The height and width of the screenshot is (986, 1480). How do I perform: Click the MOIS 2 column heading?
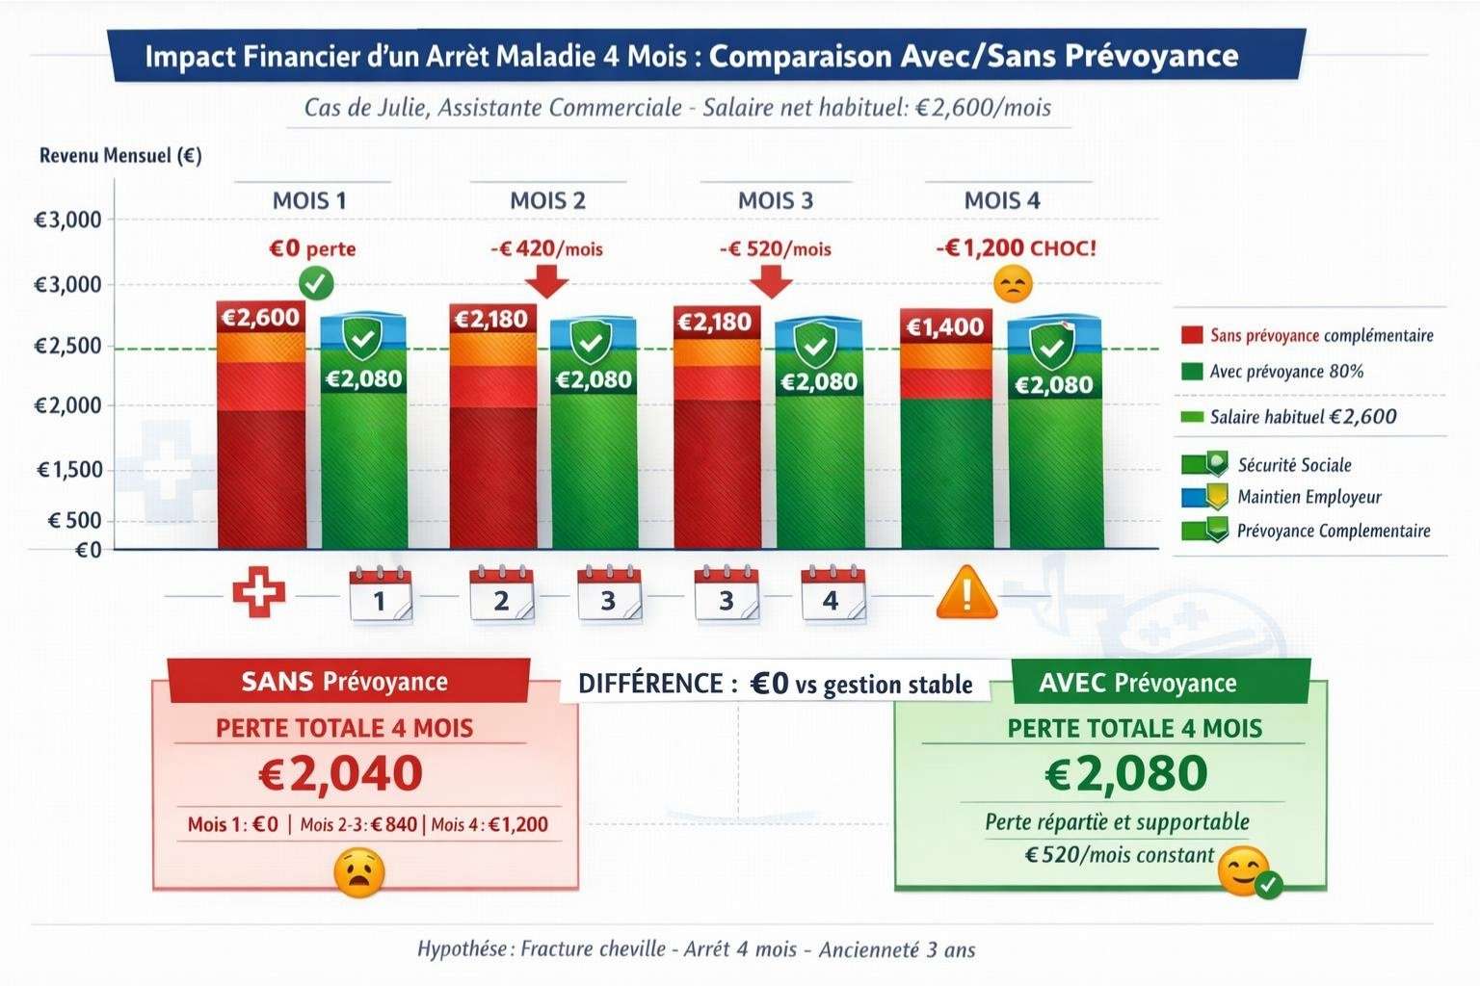pyautogui.click(x=547, y=200)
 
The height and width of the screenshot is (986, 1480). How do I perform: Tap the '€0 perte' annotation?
pyautogui.click(x=312, y=248)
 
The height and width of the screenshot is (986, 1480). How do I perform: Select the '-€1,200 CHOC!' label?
pyautogui.click(x=1016, y=247)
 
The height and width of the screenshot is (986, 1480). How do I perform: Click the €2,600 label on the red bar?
pyautogui.click(x=260, y=318)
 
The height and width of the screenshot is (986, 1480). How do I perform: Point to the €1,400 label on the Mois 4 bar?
pyautogui.click(x=945, y=327)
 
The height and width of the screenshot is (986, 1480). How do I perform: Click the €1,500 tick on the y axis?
pyautogui.click(x=69, y=470)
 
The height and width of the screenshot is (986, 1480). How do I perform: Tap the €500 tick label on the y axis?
pyautogui.click(x=74, y=521)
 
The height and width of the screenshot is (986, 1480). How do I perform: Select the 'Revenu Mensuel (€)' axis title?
pyautogui.click(x=120, y=156)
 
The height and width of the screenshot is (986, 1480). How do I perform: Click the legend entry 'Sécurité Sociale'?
pyautogui.click(x=1293, y=465)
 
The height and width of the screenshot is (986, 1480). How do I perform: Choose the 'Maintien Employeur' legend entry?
pyautogui.click(x=1308, y=497)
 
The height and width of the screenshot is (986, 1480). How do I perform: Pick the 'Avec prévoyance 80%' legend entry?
pyautogui.click(x=1285, y=372)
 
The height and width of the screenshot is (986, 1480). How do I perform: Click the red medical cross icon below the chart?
pyautogui.click(x=258, y=594)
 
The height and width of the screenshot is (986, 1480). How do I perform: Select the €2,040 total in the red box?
pyautogui.click(x=341, y=773)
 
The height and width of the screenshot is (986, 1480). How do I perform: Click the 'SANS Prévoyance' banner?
pyautogui.click(x=344, y=682)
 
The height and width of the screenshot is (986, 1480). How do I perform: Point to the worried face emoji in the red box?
pyautogui.click(x=358, y=872)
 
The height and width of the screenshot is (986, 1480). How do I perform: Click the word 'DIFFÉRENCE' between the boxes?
pyautogui.click(x=650, y=684)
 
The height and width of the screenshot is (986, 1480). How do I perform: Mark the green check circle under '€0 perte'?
pyautogui.click(x=316, y=284)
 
